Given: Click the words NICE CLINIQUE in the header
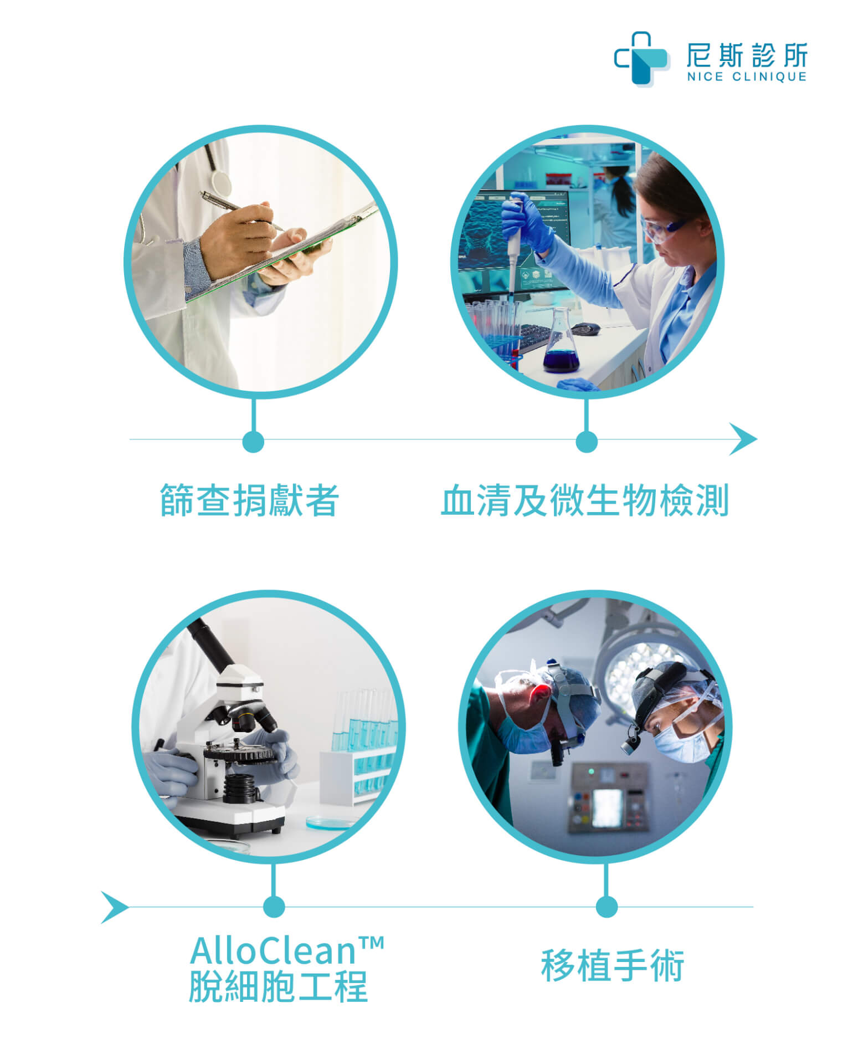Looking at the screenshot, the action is coord(747,77).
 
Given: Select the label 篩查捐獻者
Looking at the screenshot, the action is coord(249,500).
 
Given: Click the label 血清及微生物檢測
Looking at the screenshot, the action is coord(585,500).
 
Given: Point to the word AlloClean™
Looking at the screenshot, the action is coord(287,950).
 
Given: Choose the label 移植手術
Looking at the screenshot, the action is coord(613,965).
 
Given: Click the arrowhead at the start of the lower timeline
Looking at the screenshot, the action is coord(115,908).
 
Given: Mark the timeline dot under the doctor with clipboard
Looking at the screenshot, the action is coord(253,442).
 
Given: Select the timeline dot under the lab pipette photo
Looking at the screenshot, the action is coord(587,442).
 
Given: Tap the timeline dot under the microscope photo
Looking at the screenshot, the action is coord(274,907).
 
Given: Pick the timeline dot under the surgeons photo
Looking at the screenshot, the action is coord(606,907).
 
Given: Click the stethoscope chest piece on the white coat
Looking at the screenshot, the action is coord(220,183).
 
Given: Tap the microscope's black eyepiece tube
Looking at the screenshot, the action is coord(214,645).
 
